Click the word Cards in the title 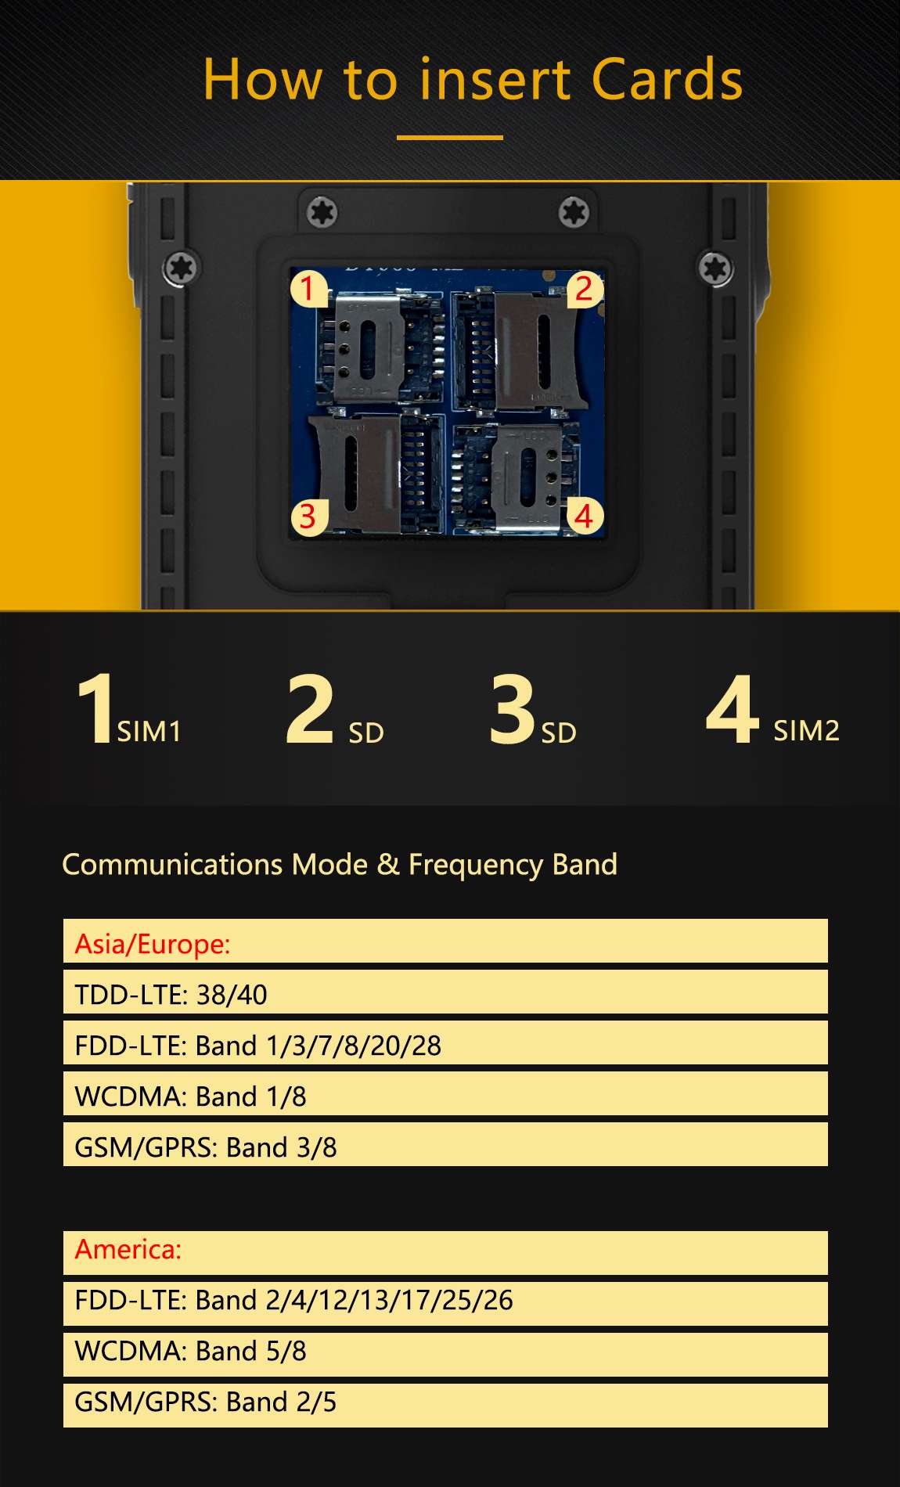click(x=667, y=80)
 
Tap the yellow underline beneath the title click(x=450, y=138)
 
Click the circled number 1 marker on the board click(x=308, y=288)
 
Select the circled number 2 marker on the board click(x=585, y=289)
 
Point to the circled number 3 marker click(x=308, y=517)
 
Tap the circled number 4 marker click(x=585, y=517)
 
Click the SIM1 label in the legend click(x=149, y=732)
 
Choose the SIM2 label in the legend click(x=806, y=731)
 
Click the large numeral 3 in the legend click(x=512, y=710)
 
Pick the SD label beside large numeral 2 click(x=366, y=733)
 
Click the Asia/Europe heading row click(x=445, y=941)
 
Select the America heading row click(x=445, y=1253)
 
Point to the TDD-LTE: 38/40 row click(x=445, y=992)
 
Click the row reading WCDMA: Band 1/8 click(x=445, y=1093)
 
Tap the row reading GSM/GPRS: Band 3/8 click(x=445, y=1144)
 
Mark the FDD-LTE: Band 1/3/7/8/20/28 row click(x=445, y=1042)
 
